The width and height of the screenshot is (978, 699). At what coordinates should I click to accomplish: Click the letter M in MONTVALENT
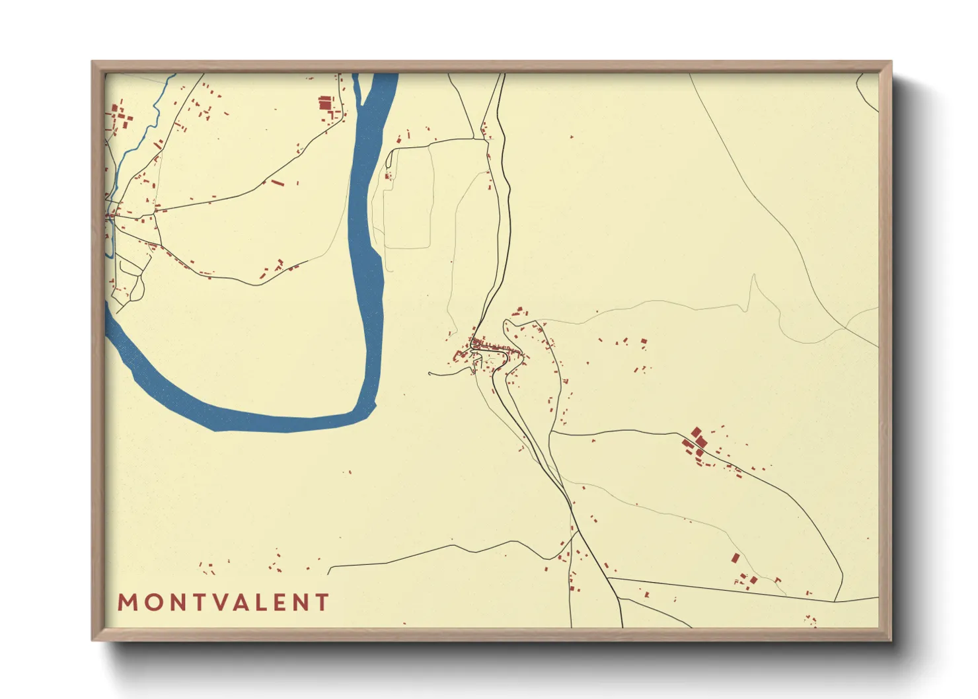[x=128, y=603]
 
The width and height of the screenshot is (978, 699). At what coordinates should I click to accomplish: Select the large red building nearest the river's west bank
[x=324, y=103]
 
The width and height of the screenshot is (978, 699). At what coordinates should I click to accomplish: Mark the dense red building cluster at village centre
[x=486, y=344]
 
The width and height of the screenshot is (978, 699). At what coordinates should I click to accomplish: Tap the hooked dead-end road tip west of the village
[x=430, y=374]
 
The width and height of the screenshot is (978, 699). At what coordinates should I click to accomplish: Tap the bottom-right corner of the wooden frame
[x=890, y=640]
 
